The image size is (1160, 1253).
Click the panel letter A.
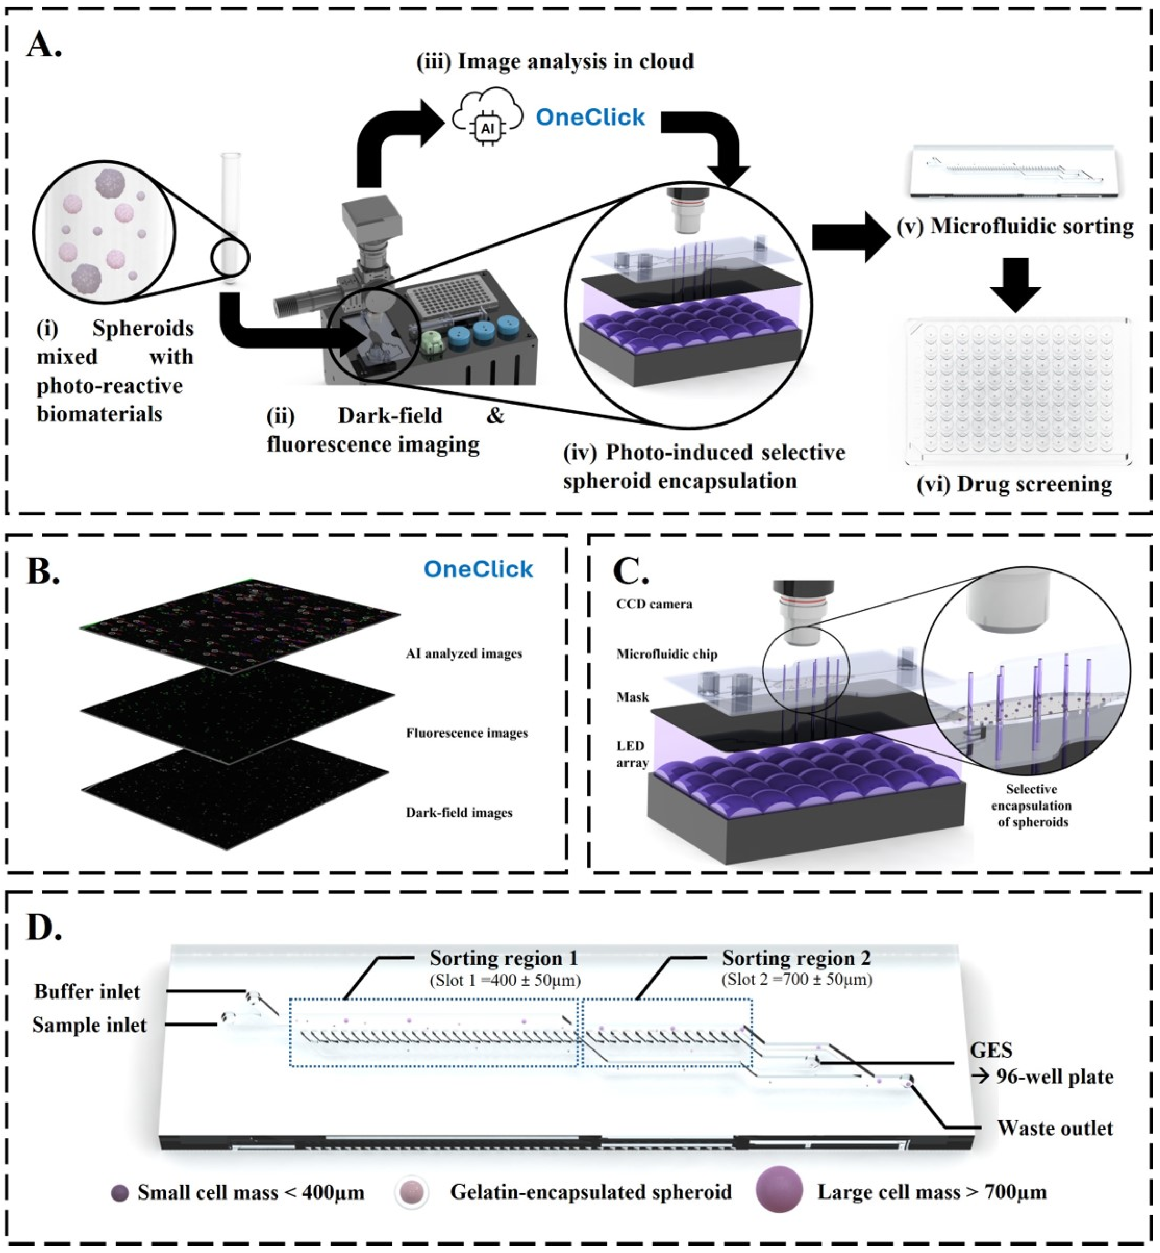click(44, 45)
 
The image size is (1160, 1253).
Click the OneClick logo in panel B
click(478, 569)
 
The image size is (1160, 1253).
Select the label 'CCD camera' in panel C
click(654, 604)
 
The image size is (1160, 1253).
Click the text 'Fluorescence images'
click(466, 733)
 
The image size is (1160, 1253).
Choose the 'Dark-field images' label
click(459, 812)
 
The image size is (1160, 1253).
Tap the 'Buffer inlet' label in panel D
click(87, 991)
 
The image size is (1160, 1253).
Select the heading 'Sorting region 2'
click(796, 958)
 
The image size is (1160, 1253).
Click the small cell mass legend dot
click(119, 1193)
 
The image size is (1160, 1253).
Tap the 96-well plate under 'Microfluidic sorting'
click(1017, 392)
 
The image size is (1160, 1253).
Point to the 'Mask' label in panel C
click(632, 697)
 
